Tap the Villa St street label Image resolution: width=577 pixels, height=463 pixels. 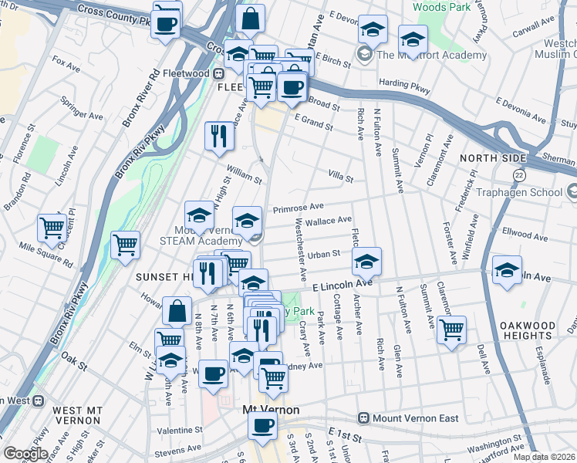pyautogui.click(x=340, y=179)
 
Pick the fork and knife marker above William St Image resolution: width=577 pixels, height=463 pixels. pyautogui.click(x=219, y=136)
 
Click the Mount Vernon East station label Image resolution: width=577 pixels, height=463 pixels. pyautogui.click(x=415, y=418)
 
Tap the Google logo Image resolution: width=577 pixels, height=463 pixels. pyautogui.click(x=25, y=454)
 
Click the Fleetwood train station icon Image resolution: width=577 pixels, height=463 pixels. pyautogui.click(x=219, y=73)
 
